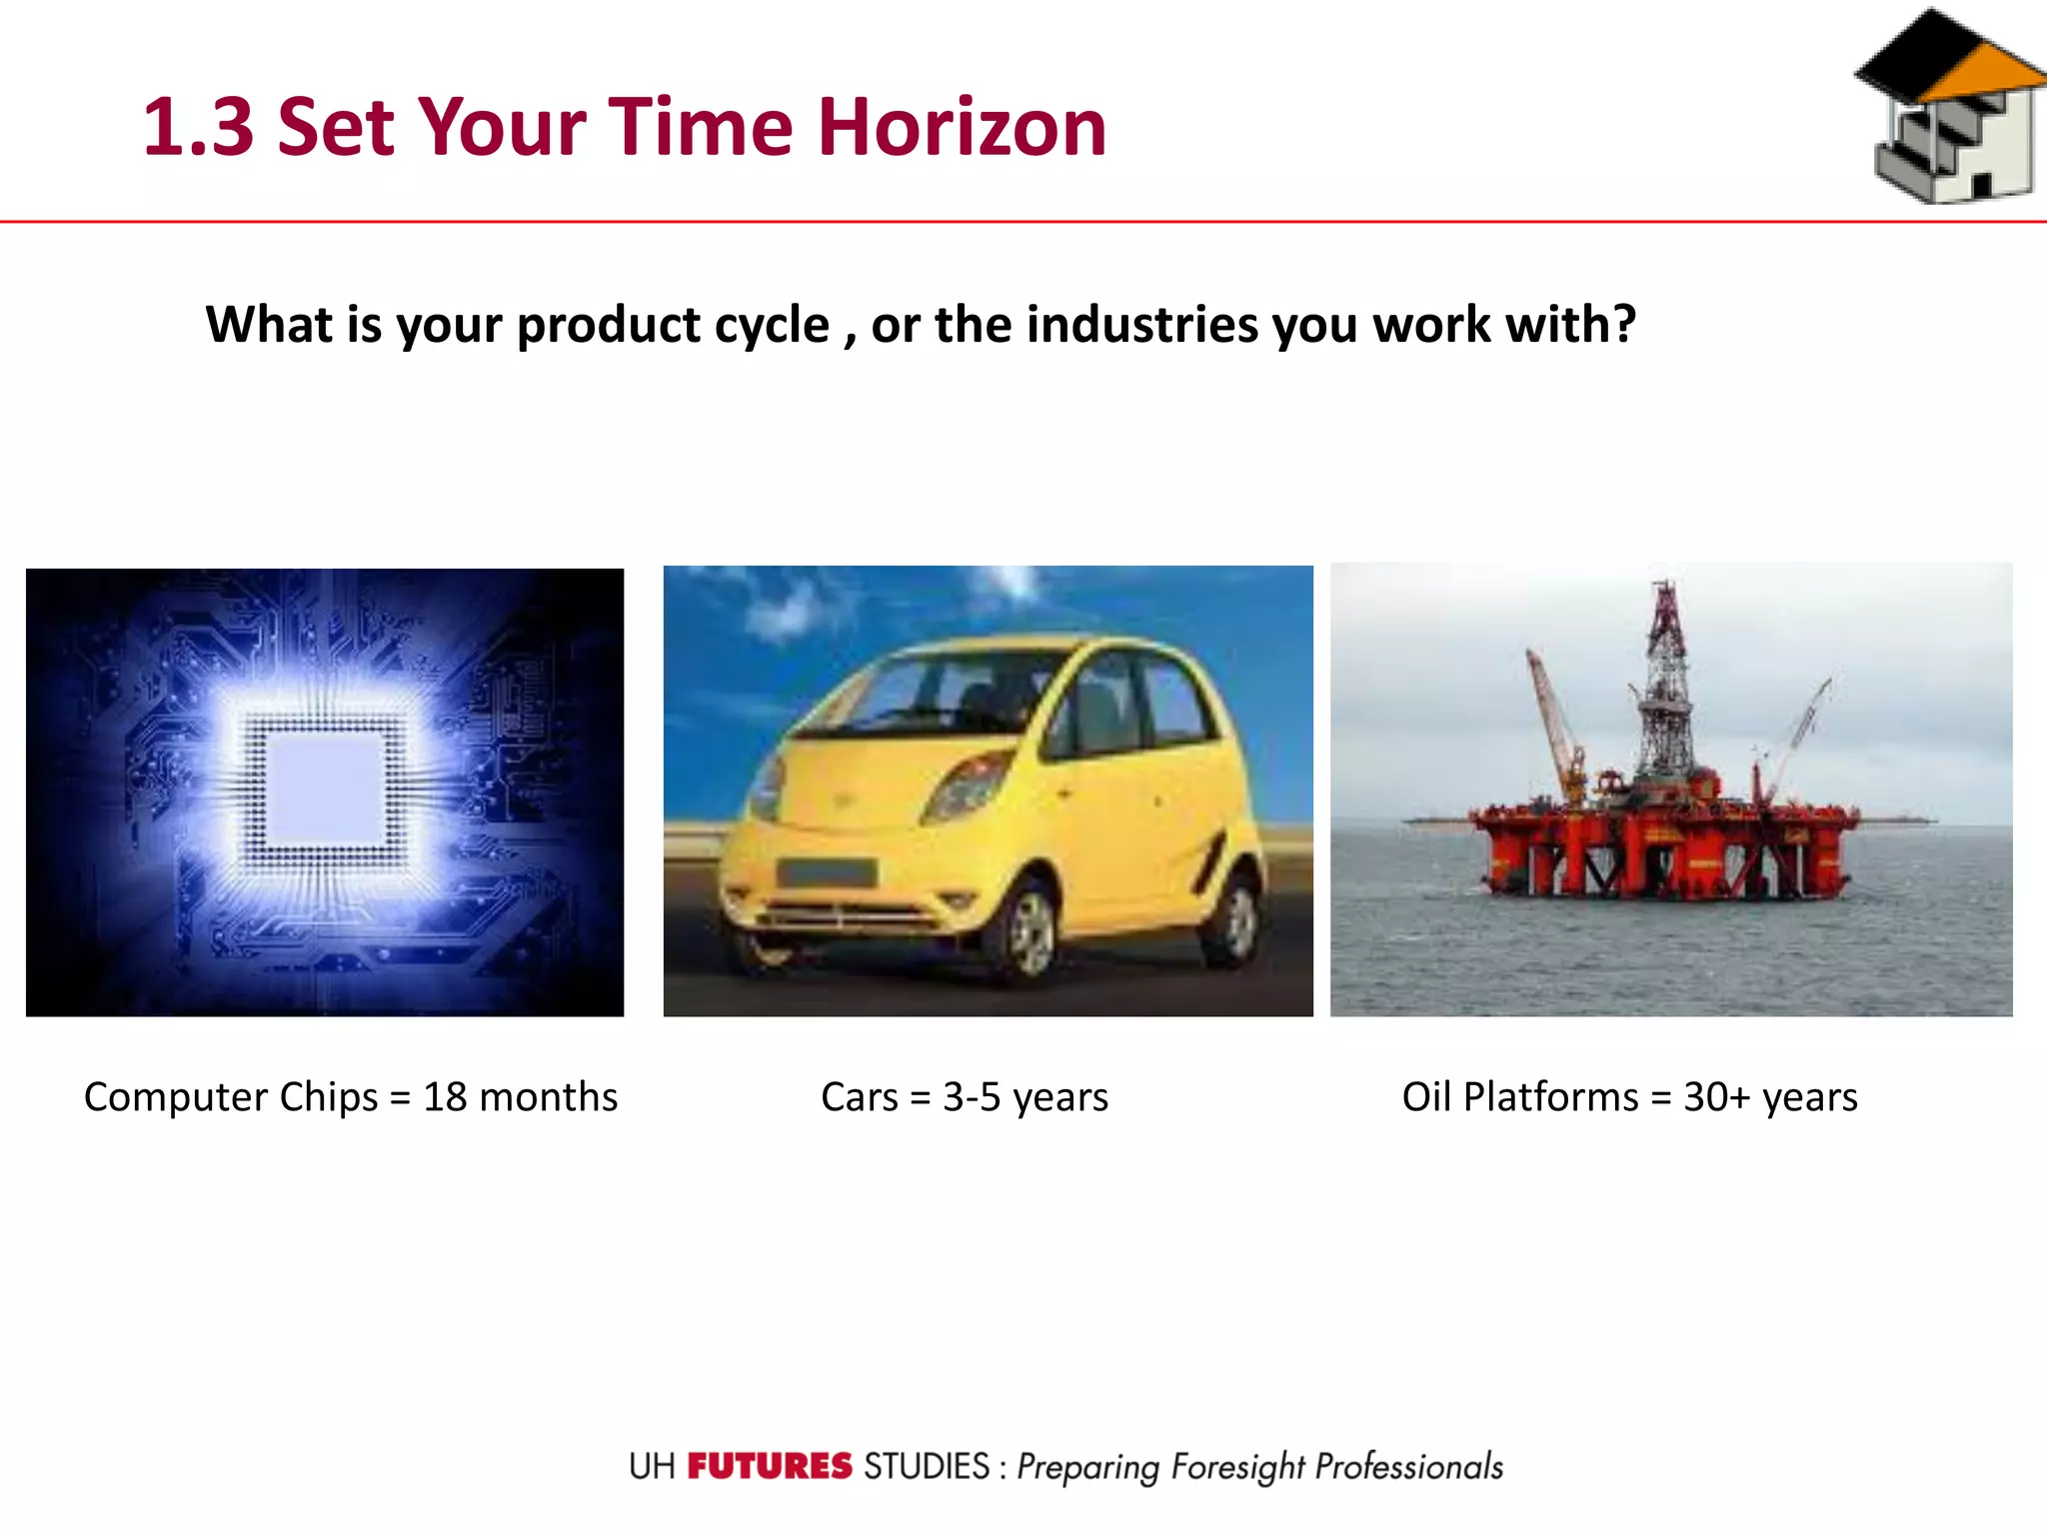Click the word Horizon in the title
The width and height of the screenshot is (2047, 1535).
962,127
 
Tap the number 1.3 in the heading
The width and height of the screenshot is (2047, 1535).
198,127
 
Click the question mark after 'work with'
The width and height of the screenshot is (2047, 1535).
1622,325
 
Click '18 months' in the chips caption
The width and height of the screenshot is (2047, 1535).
520,1097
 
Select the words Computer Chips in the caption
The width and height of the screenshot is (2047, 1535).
231,1097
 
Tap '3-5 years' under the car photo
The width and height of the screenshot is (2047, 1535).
1025,1097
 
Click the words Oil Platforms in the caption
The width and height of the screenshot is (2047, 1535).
1519,1097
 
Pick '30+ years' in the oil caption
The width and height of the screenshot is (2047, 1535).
1770,1097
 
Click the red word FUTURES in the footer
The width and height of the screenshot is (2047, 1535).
770,1466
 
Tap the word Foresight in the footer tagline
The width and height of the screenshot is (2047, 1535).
1237,1466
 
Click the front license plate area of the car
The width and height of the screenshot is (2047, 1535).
826,872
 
